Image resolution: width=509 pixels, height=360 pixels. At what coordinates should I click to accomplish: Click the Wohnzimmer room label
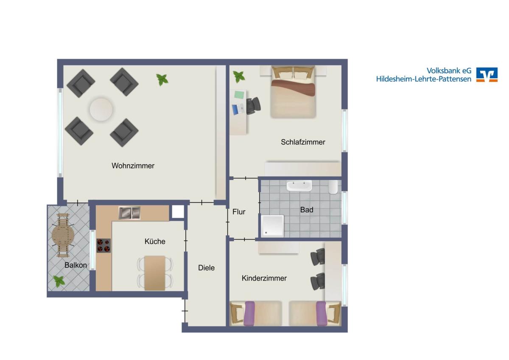coord(133,166)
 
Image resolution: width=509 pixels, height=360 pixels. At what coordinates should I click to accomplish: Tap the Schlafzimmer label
coord(303,142)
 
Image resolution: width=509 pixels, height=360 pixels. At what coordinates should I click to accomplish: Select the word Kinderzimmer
coord(264,278)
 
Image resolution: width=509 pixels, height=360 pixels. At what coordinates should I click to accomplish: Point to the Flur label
coord(239,212)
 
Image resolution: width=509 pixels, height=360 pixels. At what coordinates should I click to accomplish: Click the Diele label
coord(206,268)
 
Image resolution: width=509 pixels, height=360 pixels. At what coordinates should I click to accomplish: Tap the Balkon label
coord(76,265)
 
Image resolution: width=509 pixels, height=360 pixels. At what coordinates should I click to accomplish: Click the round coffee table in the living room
coord(101,110)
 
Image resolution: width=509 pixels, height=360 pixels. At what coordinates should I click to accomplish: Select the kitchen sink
coord(129,213)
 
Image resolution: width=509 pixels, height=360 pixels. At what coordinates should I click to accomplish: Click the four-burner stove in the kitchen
coord(103,246)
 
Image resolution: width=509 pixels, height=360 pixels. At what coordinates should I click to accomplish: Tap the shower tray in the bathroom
coord(272,225)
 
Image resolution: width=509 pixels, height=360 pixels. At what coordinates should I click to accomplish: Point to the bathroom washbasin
coord(299,186)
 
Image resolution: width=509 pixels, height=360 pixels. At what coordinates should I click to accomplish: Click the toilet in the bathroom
coord(333,187)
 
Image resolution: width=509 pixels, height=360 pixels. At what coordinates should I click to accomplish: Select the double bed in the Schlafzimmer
coord(293,92)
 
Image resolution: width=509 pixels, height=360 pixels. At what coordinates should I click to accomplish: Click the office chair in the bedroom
coord(253,106)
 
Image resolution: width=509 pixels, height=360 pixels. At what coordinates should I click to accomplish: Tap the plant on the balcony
coord(59,281)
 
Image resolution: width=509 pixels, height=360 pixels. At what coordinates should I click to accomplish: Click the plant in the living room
coord(162,79)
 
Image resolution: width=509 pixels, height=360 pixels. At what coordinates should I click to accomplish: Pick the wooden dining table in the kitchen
coord(155,273)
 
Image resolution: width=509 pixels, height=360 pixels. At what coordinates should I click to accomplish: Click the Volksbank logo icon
coord(487,75)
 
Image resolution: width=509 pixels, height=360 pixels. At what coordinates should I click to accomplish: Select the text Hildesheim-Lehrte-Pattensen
coord(424,79)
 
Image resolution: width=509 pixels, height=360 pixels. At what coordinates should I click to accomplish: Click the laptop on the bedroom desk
coord(238,110)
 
